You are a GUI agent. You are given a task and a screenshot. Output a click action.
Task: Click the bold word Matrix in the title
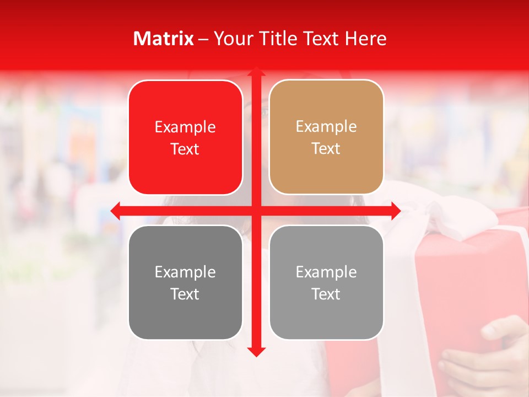pyautogui.click(x=164, y=39)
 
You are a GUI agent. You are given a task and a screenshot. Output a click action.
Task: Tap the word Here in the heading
pyautogui.click(x=365, y=39)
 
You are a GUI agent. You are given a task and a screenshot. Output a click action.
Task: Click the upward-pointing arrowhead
pyautogui.click(x=256, y=72)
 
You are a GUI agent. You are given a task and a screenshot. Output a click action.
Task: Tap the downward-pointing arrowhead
pyautogui.click(x=256, y=351)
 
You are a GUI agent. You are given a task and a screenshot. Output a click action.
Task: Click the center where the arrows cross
pyautogui.click(x=256, y=211)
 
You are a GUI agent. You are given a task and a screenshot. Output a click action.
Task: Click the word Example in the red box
pyautogui.click(x=185, y=127)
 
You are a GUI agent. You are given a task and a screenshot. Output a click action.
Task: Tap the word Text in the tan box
pyautogui.click(x=326, y=149)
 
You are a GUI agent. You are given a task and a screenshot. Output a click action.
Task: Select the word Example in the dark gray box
pyautogui.click(x=185, y=272)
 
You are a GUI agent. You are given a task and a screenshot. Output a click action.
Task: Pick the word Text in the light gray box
pyautogui.click(x=326, y=294)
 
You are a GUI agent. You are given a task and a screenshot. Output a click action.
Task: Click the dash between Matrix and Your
pyautogui.click(x=203, y=39)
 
